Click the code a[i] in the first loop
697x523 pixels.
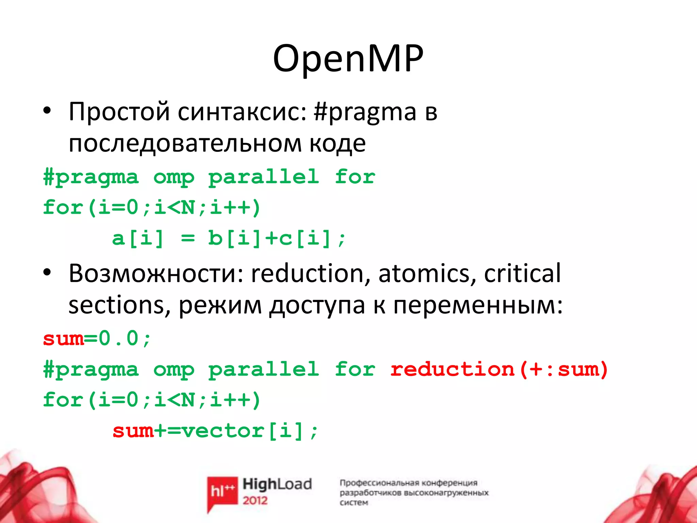(x=138, y=238)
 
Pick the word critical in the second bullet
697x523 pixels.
(x=522, y=273)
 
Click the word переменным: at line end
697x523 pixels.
(x=478, y=305)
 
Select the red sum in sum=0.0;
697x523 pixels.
(x=63, y=339)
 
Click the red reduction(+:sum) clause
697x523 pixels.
(x=499, y=369)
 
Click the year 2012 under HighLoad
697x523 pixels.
(x=255, y=501)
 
